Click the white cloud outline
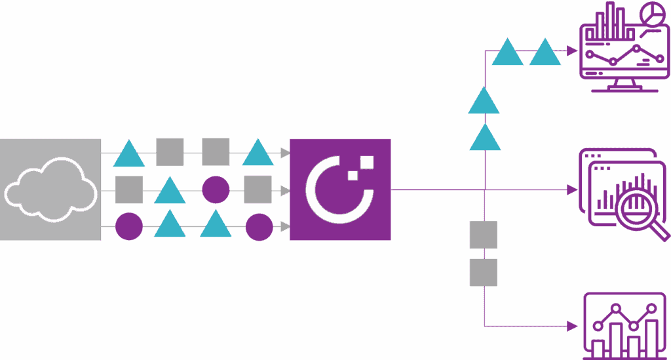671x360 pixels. point(47,190)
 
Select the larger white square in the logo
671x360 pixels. point(366,162)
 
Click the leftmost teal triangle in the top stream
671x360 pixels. point(129,155)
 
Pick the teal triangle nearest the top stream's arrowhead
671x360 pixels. point(258,153)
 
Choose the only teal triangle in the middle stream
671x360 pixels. point(170,191)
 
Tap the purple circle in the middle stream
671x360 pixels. point(215,190)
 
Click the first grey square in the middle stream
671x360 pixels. point(129,190)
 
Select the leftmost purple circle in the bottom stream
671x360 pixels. point(128,227)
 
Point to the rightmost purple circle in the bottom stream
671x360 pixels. point(259,227)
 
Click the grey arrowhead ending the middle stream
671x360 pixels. point(285,190)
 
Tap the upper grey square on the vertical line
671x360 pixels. point(484,235)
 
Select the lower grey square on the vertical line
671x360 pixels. point(484,272)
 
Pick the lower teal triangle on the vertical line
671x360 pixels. point(485,138)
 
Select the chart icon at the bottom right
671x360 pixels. point(623,325)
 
